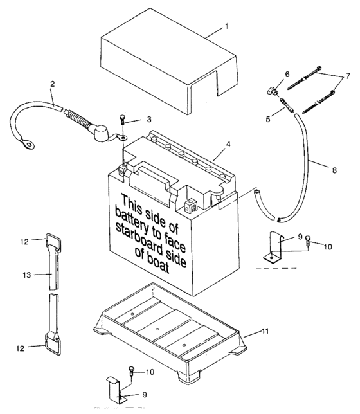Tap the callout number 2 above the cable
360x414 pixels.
coord(52,84)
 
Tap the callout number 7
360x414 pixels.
coord(349,76)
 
